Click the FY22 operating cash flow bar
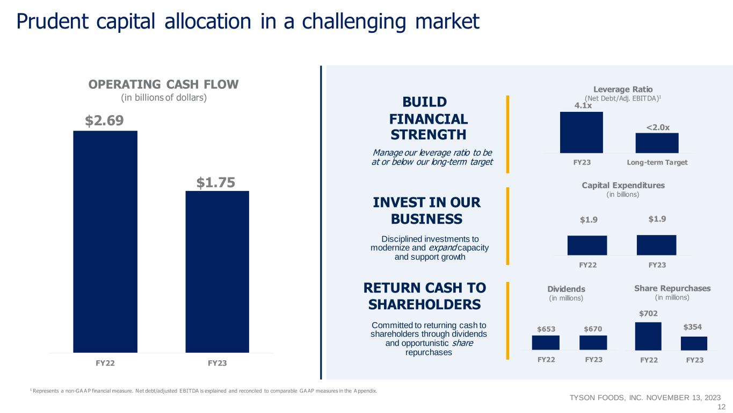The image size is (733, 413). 105,241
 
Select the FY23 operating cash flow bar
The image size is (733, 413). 217,272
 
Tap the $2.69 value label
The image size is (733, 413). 104,120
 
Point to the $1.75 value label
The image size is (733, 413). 216,183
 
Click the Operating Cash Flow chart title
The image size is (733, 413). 164,84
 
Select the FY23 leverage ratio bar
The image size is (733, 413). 582,132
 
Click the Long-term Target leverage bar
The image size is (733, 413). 657,143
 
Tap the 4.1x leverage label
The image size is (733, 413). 583,105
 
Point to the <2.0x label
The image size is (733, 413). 658,127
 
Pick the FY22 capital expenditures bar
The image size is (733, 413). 587,245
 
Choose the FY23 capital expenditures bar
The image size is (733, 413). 656,245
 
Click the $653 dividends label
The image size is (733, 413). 546,329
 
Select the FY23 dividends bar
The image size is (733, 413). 593,343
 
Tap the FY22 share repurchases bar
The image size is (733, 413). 648,336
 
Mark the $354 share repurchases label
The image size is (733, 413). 692,327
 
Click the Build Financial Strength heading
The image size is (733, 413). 429,118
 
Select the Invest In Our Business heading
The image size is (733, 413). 427,210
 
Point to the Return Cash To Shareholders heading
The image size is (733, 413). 425,296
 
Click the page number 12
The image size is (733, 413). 721,407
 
